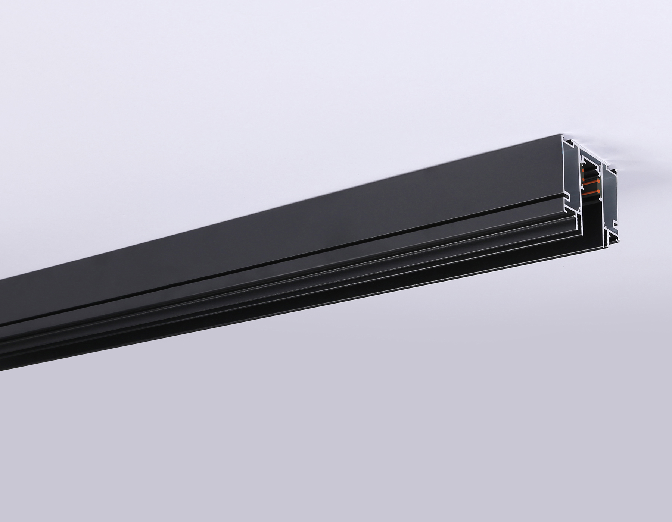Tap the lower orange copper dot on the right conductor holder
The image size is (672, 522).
599,192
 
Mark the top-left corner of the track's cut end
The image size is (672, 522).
562,135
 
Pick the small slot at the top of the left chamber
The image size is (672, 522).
570,143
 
